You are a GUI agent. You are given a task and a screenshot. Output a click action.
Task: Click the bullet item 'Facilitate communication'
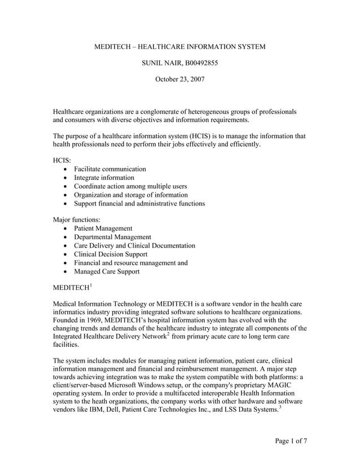tap(109, 169)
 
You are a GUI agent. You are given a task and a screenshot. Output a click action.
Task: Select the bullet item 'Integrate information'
tap(104, 178)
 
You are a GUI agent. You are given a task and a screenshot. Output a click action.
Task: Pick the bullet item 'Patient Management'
tap(103, 228)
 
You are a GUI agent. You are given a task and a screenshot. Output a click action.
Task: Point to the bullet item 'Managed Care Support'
tap(107, 271)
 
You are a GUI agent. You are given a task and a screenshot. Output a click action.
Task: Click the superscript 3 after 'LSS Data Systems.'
tap(280, 407)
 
